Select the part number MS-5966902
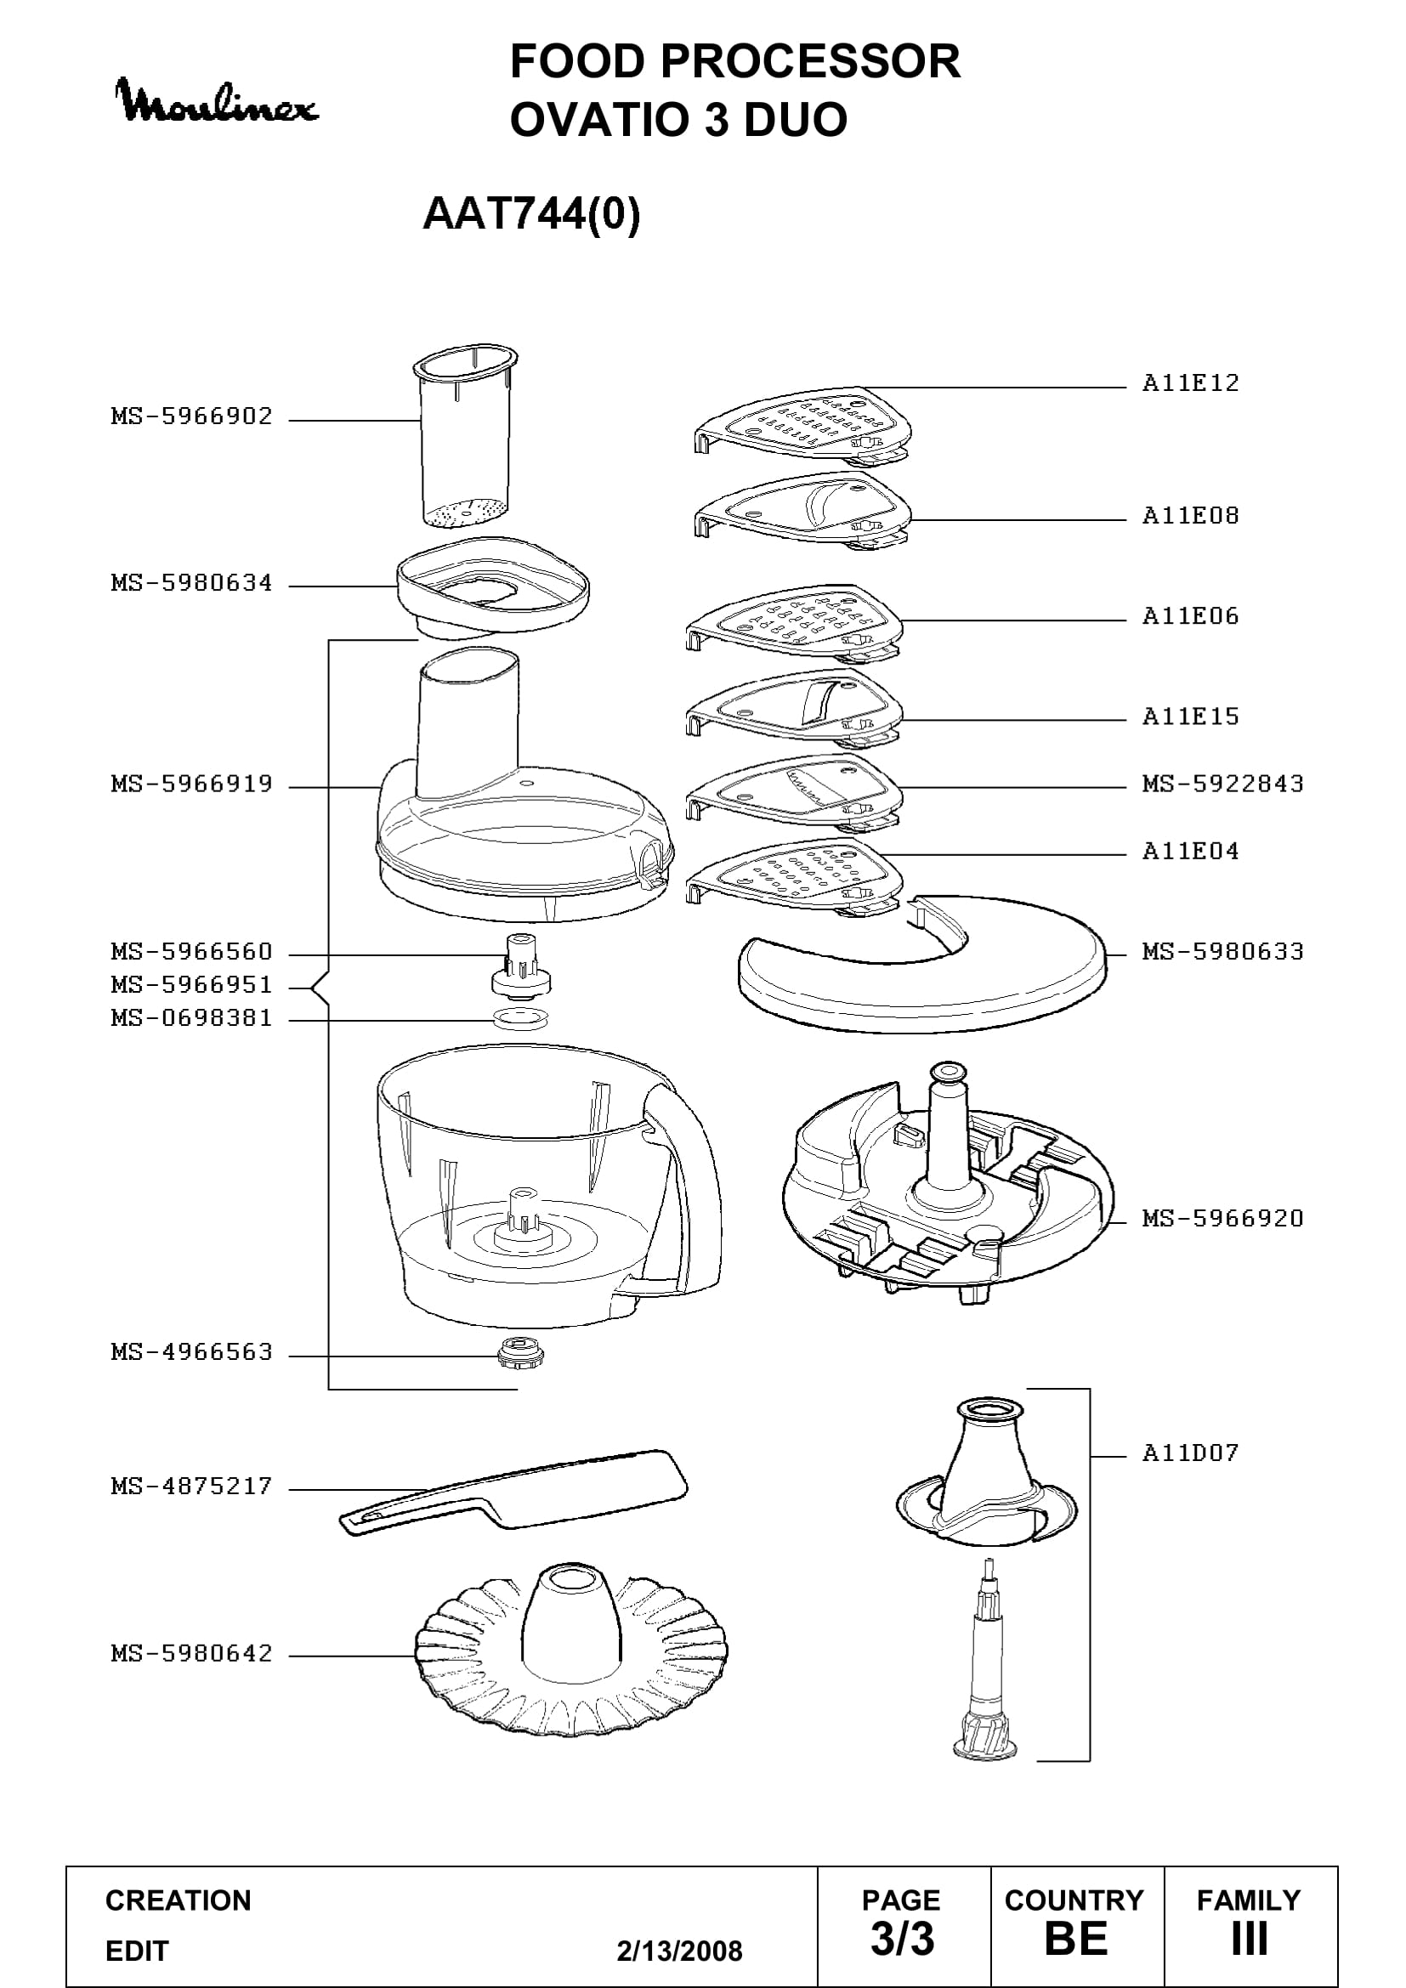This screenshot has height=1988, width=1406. pyautogui.click(x=191, y=416)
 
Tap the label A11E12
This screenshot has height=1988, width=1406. pyautogui.click(x=1190, y=382)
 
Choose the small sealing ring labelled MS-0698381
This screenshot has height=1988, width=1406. pyautogui.click(x=519, y=1018)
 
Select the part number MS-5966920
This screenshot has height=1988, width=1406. pyautogui.click(x=1222, y=1219)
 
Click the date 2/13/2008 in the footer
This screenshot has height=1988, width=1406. pyautogui.click(x=680, y=1951)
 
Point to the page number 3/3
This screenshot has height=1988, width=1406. pyautogui.click(x=902, y=1939)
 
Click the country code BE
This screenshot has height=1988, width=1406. pyautogui.click(x=1076, y=1939)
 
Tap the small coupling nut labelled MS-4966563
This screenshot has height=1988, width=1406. pyautogui.click(x=519, y=1351)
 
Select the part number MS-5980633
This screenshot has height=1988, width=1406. pyautogui.click(x=1222, y=952)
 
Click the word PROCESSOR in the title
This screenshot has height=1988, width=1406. pyautogui.click(x=810, y=61)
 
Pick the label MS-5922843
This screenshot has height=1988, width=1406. pyautogui.click(x=1222, y=784)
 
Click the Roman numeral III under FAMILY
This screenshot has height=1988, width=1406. pyautogui.click(x=1250, y=1939)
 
